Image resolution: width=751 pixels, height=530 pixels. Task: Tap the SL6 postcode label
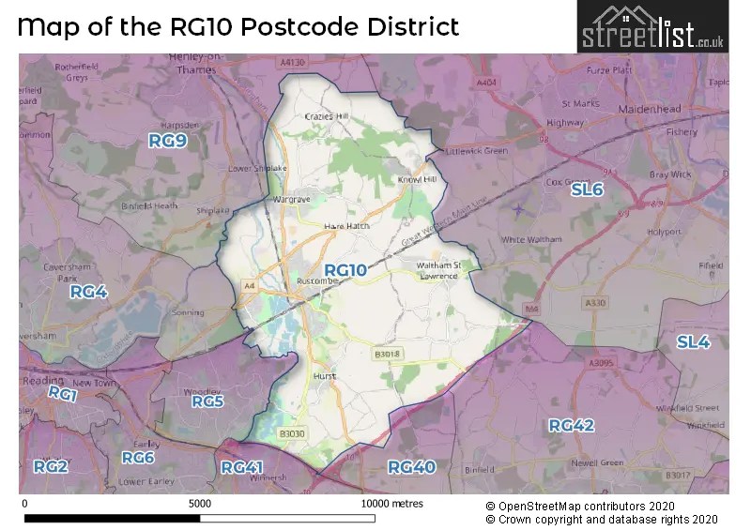pos(587,189)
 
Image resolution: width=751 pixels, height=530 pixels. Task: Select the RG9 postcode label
pos(168,141)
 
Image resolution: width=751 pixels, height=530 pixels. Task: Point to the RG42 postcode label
pos(572,425)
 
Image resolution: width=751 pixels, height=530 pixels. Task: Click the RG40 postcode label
pos(411,466)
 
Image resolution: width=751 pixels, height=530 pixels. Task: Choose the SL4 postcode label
pos(693,342)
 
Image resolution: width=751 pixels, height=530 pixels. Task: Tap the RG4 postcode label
pos(89,292)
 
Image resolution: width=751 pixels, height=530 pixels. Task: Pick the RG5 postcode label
pos(207,401)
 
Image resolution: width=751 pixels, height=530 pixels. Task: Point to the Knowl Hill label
pos(418,178)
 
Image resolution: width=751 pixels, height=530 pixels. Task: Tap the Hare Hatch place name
pos(346,226)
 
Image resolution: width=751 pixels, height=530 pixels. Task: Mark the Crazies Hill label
pos(327,116)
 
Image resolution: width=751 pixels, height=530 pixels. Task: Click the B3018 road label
pos(387,354)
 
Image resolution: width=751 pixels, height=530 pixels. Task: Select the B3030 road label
pos(292,433)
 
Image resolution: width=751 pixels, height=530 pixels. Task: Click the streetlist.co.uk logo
pos(651,27)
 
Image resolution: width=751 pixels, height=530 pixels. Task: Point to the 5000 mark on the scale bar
pos(199,503)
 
